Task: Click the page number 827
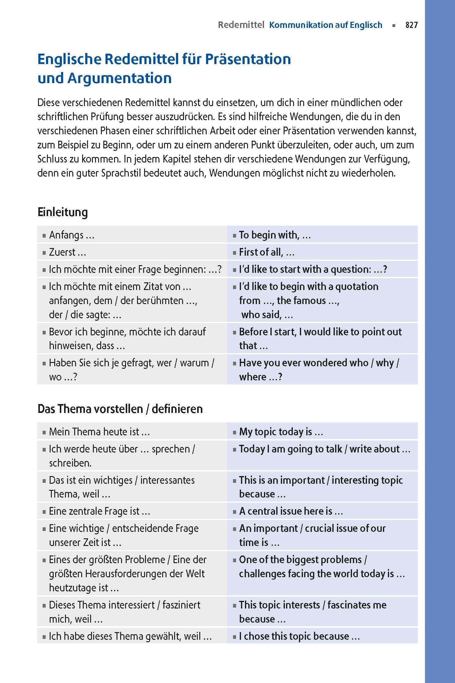(x=411, y=25)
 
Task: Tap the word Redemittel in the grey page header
(x=241, y=25)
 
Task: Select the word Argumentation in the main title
(x=120, y=78)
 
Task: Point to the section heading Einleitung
(x=63, y=212)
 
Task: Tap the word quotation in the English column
(x=357, y=287)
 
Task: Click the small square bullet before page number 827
(x=394, y=26)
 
